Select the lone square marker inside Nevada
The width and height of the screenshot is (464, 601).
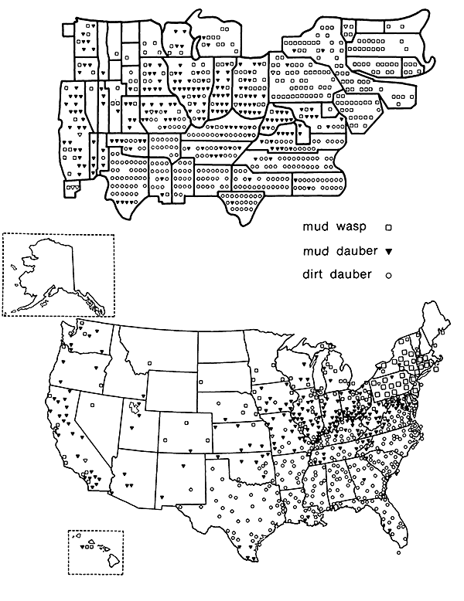(x=90, y=404)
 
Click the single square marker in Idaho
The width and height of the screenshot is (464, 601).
(x=148, y=363)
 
